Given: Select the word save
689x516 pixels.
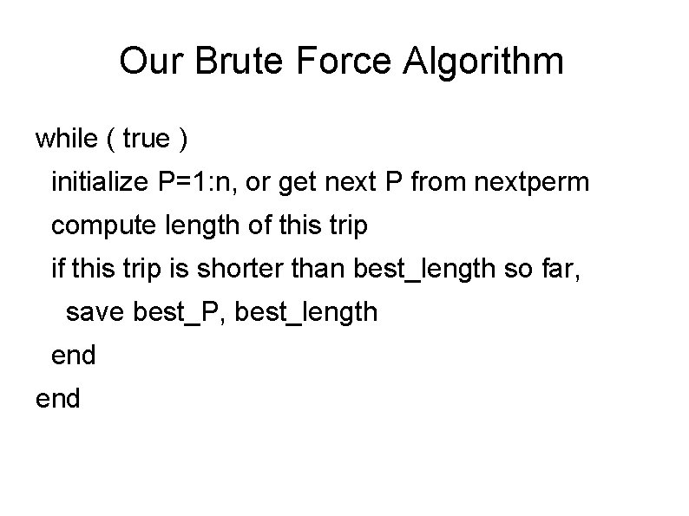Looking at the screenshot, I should click(95, 312).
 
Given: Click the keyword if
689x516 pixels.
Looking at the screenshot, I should click(57, 269).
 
